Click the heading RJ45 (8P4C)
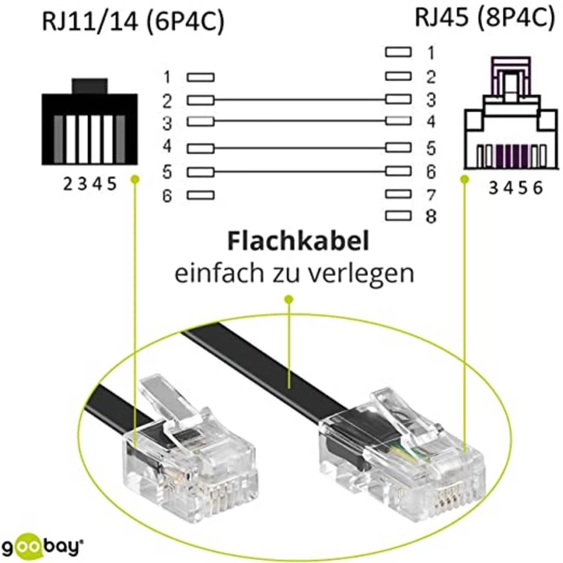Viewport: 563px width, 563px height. point(482,18)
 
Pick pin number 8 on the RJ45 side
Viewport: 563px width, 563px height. point(431,216)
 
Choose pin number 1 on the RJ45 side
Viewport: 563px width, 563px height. point(431,53)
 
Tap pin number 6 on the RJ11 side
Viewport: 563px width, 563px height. point(167,196)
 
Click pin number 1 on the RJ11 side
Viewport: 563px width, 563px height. point(167,77)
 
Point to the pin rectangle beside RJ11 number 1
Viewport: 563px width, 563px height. point(200,77)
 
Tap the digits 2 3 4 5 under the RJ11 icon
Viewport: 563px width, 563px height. point(90,185)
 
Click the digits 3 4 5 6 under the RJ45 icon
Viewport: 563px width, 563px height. point(515,189)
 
